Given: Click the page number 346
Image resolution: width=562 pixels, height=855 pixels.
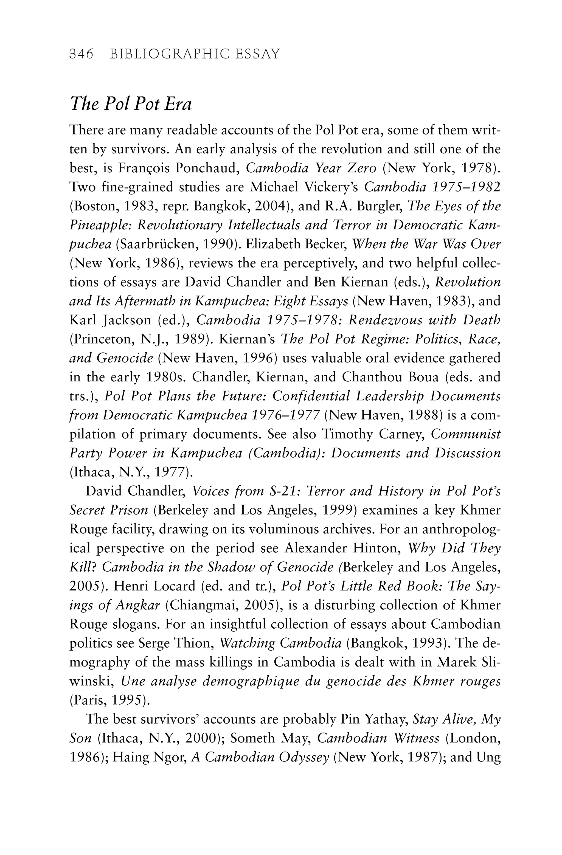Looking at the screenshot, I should [81, 54].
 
